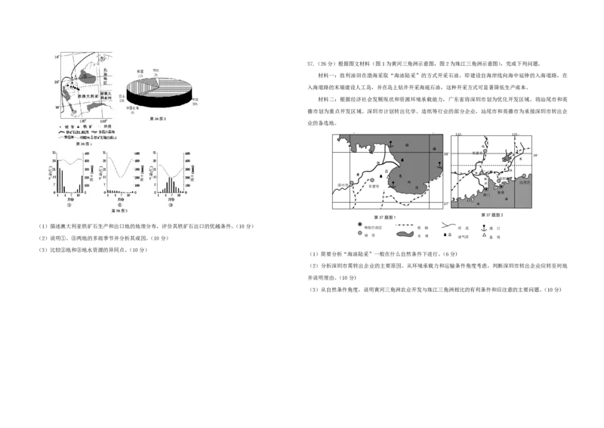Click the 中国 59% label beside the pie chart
coord(195,101)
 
